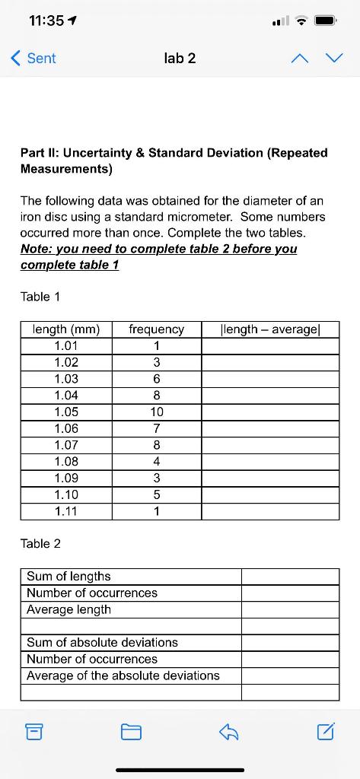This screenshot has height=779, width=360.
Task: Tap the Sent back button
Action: (34, 58)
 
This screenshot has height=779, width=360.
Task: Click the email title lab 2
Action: (180, 58)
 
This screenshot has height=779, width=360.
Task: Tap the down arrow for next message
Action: (334, 58)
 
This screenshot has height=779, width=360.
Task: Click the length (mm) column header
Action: (66, 329)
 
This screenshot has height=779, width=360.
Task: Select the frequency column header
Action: (157, 329)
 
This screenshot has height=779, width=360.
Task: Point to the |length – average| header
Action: (270, 329)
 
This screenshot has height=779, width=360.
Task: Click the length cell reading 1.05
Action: (66, 412)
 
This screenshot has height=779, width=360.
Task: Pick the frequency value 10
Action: (157, 412)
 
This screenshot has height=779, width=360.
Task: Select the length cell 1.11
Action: (66, 511)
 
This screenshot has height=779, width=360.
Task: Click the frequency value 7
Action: (157, 428)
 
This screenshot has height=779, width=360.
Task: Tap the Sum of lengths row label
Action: (68, 577)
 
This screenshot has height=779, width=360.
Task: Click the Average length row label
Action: (68, 609)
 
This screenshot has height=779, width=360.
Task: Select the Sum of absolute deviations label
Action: (102, 643)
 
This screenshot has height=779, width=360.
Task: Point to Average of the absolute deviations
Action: (123, 676)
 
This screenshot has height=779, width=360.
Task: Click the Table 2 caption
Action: (40, 543)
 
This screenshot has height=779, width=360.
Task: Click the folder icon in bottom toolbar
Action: (131, 733)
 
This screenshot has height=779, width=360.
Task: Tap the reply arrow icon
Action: (229, 733)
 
